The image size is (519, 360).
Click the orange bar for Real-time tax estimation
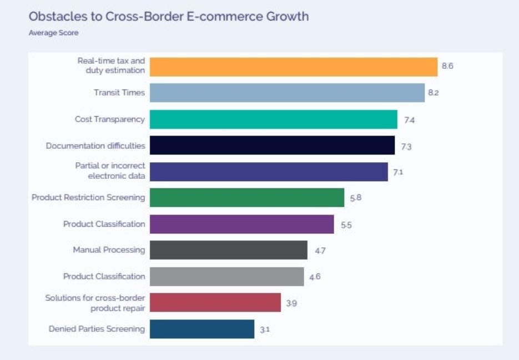point(294,67)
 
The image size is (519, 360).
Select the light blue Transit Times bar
point(287,93)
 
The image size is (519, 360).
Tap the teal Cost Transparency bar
point(274,119)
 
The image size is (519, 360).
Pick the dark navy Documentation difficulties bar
point(272,146)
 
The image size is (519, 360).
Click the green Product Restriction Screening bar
point(247,197)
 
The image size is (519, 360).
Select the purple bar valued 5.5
point(242,224)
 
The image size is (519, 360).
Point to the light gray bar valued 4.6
point(227,276)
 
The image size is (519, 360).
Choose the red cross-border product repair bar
point(215,303)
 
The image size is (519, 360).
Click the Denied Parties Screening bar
point(202,329)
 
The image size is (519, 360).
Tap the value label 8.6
point(448,66)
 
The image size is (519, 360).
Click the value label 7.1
point(398,172)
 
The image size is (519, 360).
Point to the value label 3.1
point(265,329)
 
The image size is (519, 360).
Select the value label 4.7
point(320,251)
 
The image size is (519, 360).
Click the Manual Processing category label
point(109,250)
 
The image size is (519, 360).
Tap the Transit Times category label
point(119,93)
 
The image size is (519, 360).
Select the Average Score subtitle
point(53,33)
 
